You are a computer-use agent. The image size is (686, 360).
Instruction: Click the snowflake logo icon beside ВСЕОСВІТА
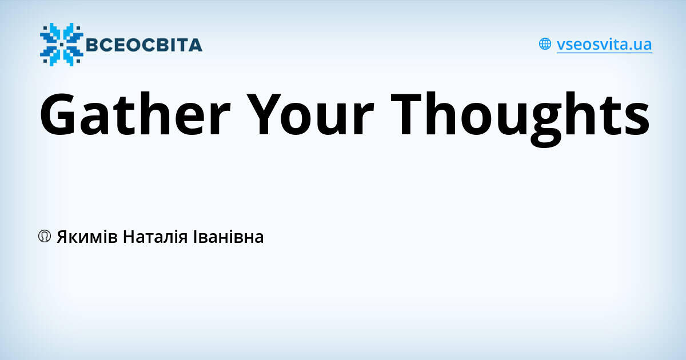[61, 44]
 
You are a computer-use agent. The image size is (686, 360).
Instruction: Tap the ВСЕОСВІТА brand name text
[143, 45]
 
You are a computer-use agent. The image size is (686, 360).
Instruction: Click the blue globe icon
[545, 44]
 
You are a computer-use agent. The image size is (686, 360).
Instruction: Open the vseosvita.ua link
[604, 45]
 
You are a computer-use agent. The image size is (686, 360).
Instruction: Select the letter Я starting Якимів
[62, 237]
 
